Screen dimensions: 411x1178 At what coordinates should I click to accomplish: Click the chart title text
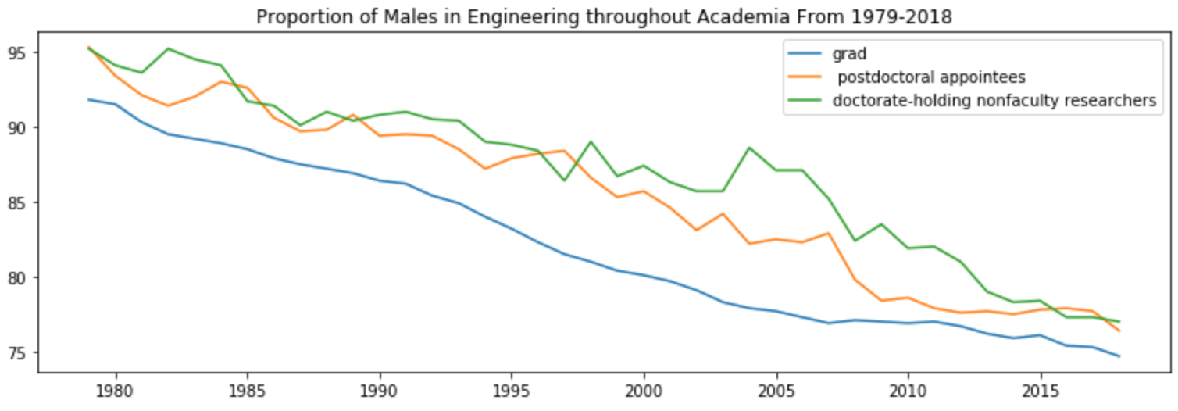604,17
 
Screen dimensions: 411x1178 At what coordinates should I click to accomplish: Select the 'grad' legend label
847,54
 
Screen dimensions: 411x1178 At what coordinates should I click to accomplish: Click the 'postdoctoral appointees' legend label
931,77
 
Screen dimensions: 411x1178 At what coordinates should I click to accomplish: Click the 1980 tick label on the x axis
116,388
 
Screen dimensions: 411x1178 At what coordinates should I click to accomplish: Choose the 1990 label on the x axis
380,388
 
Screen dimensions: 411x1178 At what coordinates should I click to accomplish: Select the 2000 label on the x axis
644,388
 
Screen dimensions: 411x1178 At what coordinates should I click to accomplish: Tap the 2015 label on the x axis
1040,388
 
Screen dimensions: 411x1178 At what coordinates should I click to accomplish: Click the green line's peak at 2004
749,148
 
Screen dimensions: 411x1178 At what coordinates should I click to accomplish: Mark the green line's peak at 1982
168,48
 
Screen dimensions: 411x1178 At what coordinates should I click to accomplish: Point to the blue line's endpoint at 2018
1119,356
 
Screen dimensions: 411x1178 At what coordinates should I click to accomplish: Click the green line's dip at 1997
564,180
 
